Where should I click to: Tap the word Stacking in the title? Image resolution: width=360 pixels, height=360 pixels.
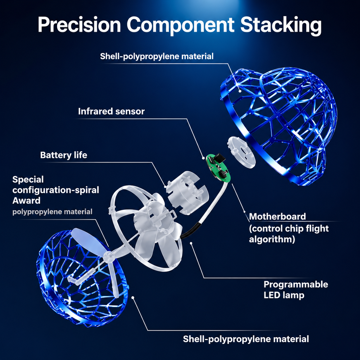(x=281, y=26)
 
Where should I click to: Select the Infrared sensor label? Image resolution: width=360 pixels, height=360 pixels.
(x=111, y=111)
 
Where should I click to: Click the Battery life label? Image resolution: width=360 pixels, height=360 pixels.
(x=63, y=155)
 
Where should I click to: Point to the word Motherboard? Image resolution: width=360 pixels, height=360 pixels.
(x=277, y=217)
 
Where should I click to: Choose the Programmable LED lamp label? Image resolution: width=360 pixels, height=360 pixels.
(x=296, y=290)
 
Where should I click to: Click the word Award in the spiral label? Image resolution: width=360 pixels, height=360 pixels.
(x=26, y=201)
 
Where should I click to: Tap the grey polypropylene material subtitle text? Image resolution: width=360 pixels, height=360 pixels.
(x=52, y=212)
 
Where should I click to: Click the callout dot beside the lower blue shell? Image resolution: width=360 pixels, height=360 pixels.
(x=133, y=298)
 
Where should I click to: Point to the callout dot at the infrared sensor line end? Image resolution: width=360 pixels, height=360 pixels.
(x=203, y=158)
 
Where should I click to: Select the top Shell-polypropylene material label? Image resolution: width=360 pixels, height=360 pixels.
(x=157, y=56)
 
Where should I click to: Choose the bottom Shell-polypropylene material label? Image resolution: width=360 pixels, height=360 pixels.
(x=246, y=339)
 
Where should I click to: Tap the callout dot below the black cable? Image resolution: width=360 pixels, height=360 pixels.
(x=191, y=243)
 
